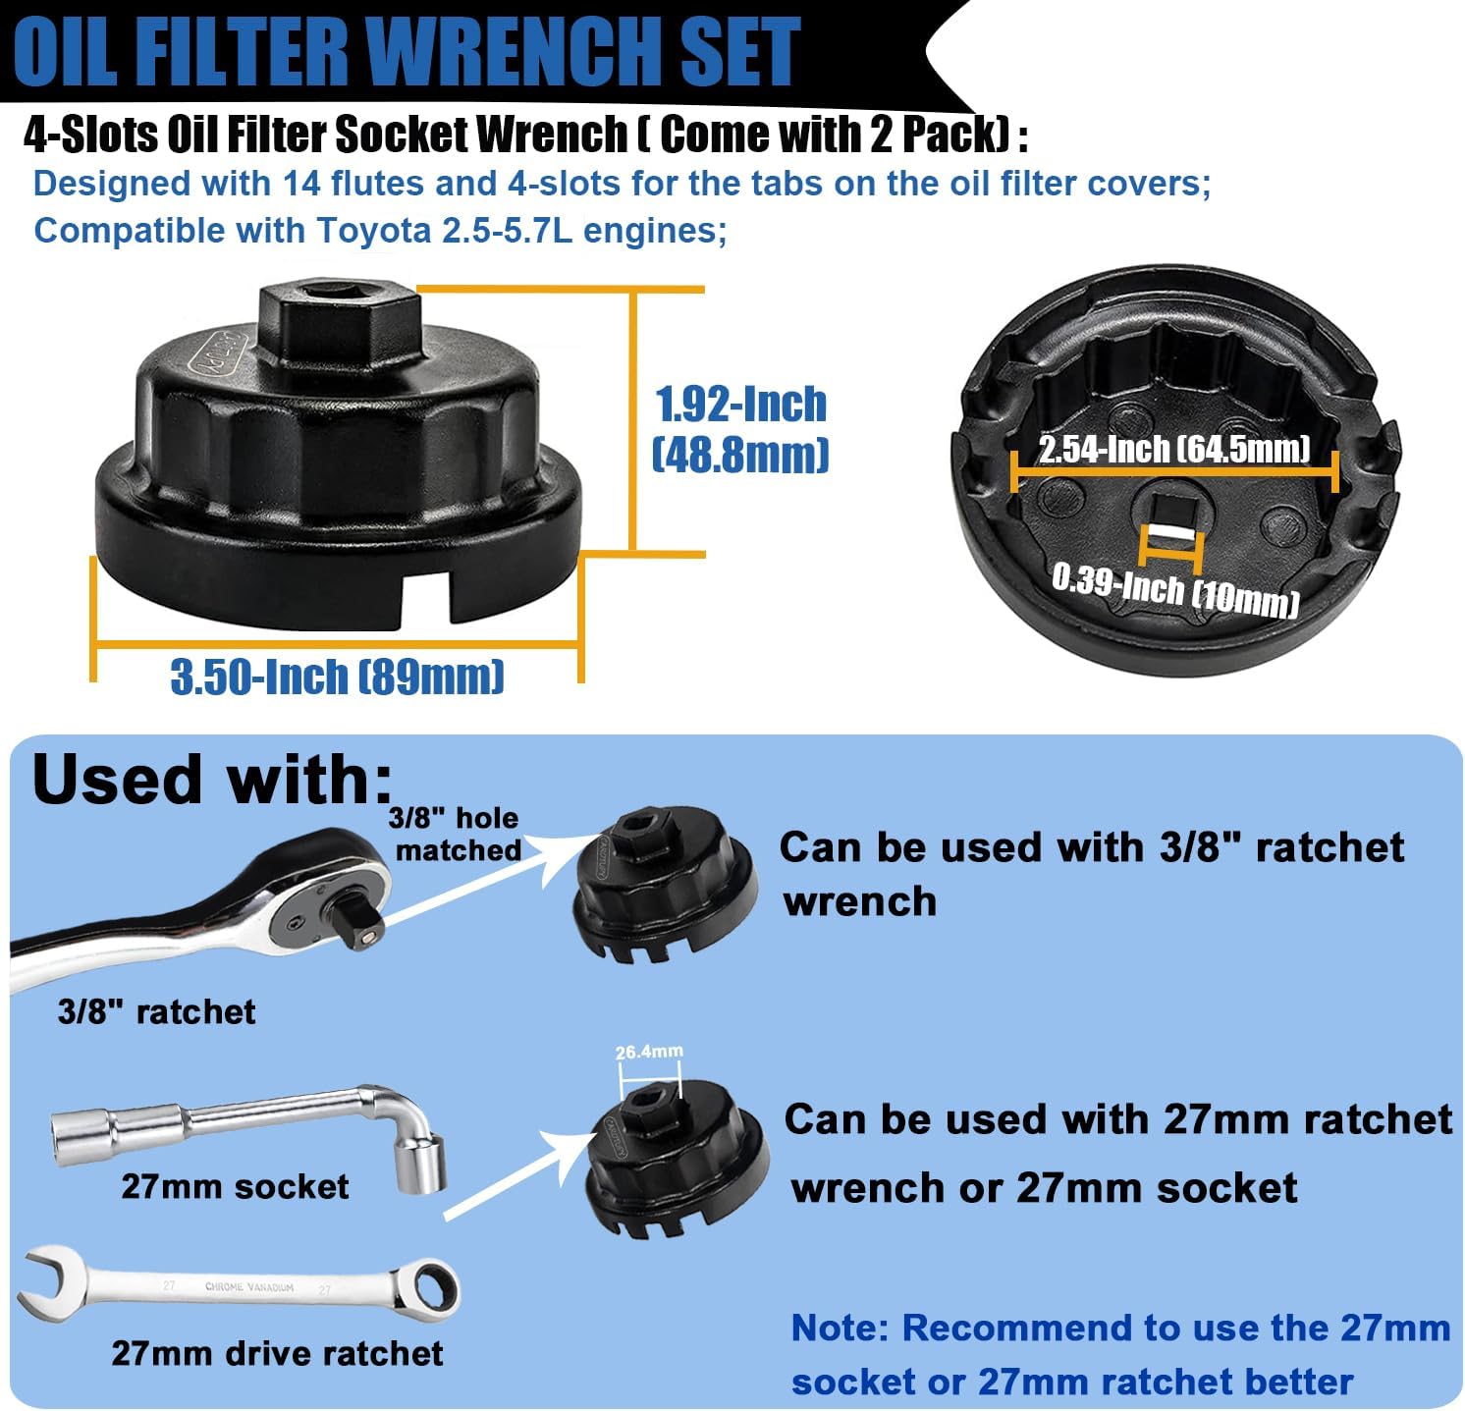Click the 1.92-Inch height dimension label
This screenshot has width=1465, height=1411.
pos(741,405)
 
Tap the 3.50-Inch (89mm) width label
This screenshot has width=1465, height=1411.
pos(337,677)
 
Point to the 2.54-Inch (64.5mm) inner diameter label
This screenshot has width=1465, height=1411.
pos(1174,449)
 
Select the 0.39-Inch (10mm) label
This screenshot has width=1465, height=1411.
pos(1175,590)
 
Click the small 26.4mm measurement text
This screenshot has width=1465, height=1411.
pos(649,1052)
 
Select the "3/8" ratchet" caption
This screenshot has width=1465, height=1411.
pos(156,1011)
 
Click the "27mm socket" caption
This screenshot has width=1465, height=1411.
pos(235,1186)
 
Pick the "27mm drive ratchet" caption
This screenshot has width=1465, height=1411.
pos(277,1353)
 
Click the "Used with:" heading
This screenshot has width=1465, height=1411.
pos(211,780)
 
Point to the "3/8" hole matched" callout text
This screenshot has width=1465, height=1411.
pos(454,834)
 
